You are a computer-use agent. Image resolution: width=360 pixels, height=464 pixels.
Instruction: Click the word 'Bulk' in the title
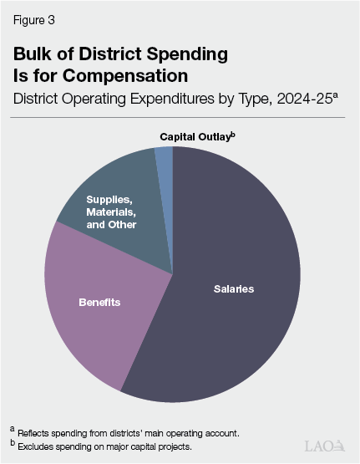[x=33, y=54]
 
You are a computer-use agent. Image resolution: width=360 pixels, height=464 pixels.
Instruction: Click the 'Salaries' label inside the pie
[x=232, y=289]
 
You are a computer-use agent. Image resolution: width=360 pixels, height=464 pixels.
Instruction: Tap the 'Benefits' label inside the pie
[x=99, y=302]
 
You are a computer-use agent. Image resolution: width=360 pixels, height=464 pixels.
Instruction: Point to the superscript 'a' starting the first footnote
[x=13, y=429]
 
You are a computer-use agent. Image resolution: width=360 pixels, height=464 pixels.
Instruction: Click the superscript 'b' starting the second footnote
[x=13, y=441]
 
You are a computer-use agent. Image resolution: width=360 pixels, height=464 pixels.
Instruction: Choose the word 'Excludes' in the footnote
[x=37, y=444]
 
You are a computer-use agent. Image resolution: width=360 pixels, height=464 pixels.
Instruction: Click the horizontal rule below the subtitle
[x=180, y=118]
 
